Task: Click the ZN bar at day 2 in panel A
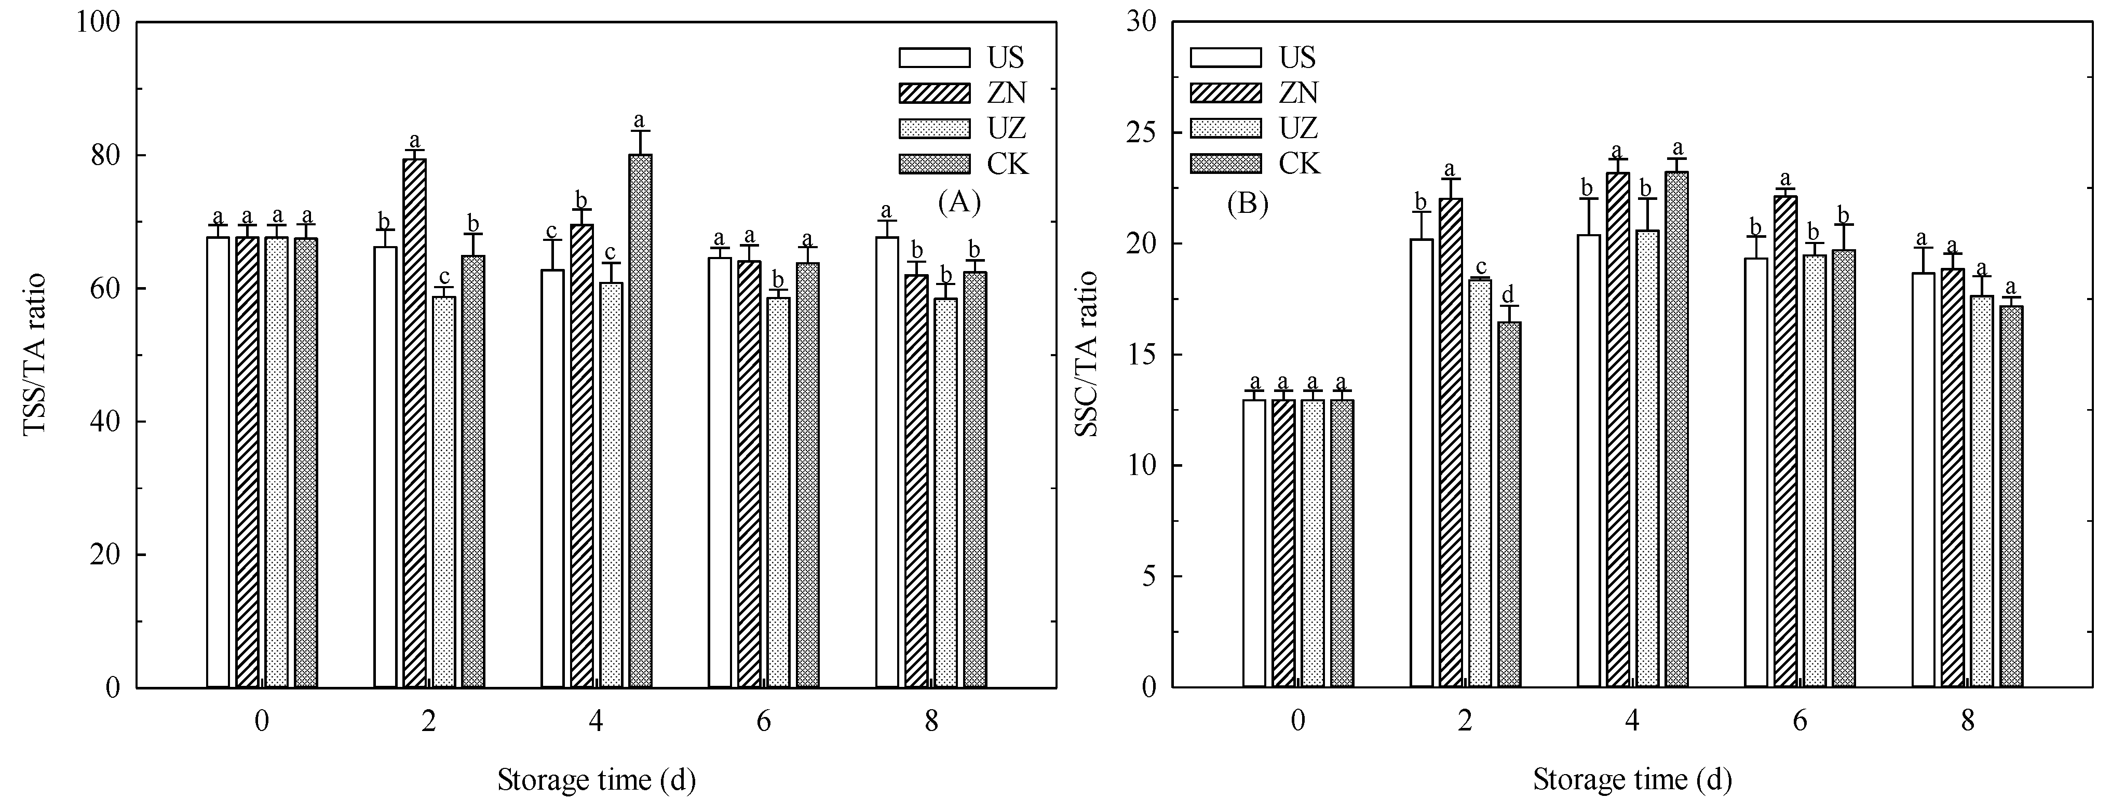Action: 415,422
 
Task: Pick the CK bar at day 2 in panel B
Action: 1509,504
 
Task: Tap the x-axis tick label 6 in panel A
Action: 764,722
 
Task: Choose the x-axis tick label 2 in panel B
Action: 1465,722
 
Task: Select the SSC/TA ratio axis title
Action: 1087,355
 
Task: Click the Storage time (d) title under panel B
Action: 1632,780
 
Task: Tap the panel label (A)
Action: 959,201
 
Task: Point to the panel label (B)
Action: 1247,203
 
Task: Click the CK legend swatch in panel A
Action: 934,164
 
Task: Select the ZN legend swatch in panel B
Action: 1226,92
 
